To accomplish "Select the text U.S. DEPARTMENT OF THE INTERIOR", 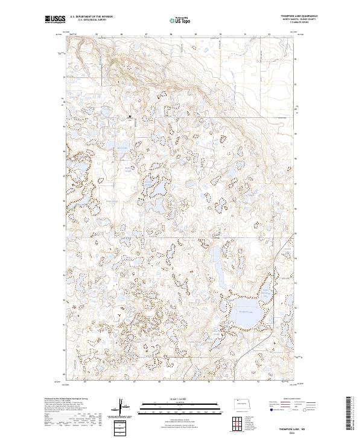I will (x=91, y=17).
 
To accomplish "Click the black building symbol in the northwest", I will (x=130, y=117).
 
